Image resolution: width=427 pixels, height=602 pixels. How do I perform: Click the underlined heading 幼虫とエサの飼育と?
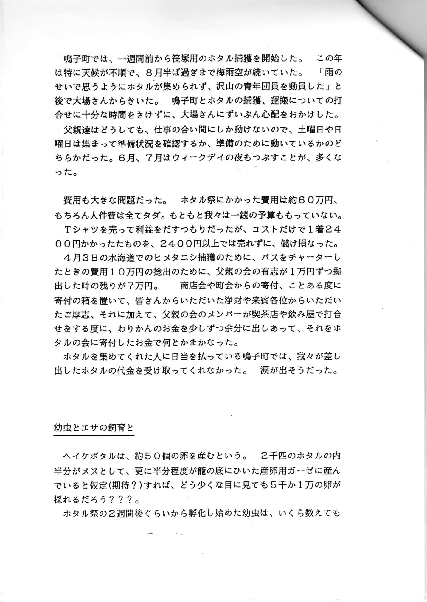coord(94,428)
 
